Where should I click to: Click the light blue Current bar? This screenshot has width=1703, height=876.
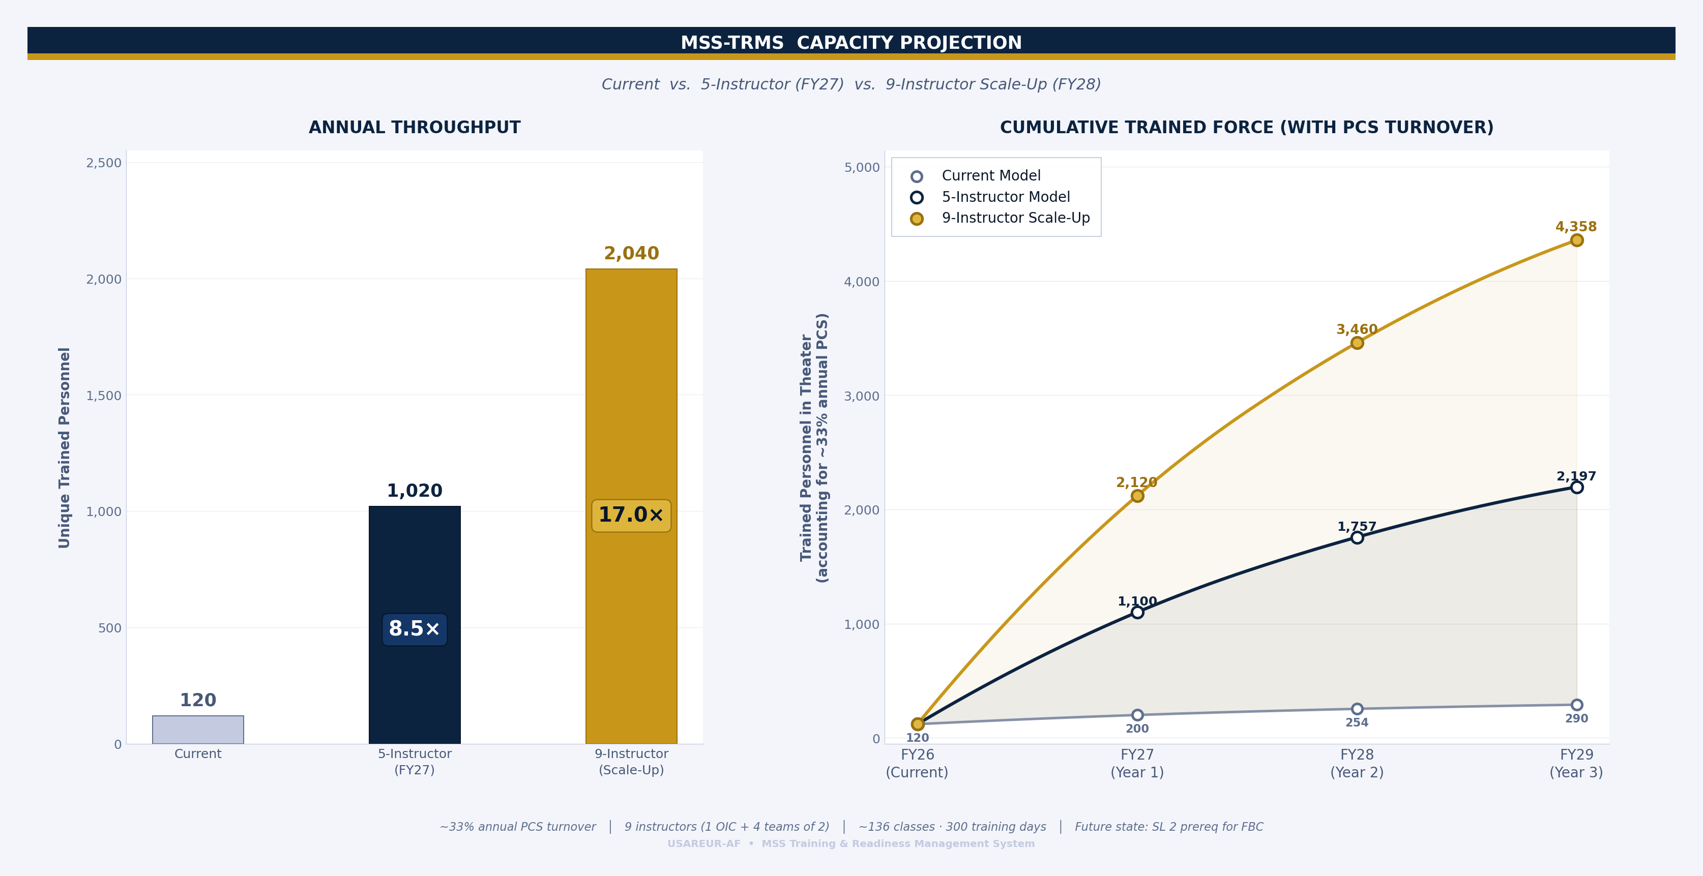coord(198,730)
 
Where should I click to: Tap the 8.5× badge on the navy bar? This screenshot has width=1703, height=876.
coord(415,629)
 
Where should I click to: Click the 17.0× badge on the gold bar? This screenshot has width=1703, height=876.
coord(631,516)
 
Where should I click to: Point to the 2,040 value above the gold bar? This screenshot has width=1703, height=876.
coord(631,254)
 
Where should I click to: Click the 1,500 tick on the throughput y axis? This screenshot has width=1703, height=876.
coord(104,396)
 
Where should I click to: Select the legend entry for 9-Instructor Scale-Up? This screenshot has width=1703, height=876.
coord(1015,218)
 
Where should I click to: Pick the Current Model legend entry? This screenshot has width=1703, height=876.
coord(990,176)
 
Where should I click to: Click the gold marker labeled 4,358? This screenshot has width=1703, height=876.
coord(1576,240)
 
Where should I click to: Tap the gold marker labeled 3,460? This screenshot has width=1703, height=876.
coord(1357,343)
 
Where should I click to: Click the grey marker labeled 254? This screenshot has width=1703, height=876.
coord(1357,709)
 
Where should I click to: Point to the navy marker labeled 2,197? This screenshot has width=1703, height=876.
coord(1576,488)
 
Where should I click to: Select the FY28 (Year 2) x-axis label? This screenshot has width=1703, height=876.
coord(1357,763)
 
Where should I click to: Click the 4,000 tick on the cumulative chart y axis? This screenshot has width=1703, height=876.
coord(861,282)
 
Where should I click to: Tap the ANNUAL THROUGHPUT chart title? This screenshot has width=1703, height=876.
coord(415,128)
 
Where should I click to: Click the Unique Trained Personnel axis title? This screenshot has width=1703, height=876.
coord(64,447)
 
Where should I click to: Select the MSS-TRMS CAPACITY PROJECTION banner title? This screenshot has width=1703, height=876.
coord(851,43)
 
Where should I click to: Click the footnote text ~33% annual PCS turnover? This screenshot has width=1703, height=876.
coord(518,827)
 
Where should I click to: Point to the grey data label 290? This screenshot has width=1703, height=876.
coord(1576,719)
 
